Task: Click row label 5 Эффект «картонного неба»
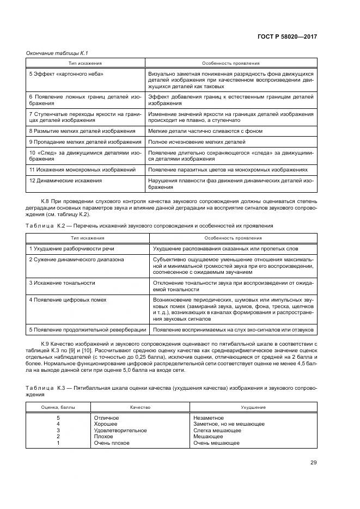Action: pyautogui.click(x=66, y=73)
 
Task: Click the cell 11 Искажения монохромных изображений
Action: pyautogui.click(x=82, y=170)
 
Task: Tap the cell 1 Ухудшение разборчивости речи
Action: pyautogui.click(x=72, y=248)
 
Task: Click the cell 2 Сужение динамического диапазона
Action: pyautogui.click(x=76, y=259)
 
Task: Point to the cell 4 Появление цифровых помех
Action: pyautogui.click(x=68, y=300)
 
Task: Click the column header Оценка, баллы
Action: pyautogui.click(x=58, y=407)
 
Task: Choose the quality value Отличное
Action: pyautogui.click(x=106, y=418)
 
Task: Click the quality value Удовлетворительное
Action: pyautogui.click(x=121, y=430)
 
